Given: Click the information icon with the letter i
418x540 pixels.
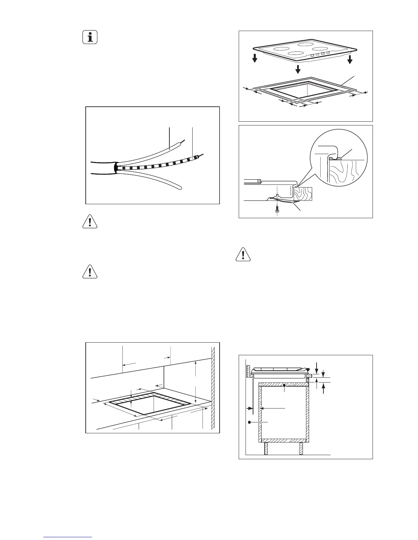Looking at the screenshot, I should (x=90, y=37).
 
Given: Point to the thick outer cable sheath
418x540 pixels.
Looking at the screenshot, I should (x=102, y=168).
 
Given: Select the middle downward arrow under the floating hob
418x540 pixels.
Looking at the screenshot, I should (x=298, y=69).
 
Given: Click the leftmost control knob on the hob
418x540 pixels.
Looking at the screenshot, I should (x=312, y=55).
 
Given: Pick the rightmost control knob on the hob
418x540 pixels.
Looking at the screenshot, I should (x=328, y=53).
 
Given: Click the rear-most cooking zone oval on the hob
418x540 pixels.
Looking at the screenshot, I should (x=306, y=44).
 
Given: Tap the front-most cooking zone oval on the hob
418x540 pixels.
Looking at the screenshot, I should (x=295, y=54).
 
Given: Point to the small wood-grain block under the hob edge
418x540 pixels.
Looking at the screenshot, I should (x=303, y=193).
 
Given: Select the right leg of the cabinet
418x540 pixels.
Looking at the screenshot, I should (x=301, y=448).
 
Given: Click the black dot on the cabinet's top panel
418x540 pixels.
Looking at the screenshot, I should (x=284, y=385).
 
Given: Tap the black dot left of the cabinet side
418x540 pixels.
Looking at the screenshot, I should (x=250, y=422).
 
